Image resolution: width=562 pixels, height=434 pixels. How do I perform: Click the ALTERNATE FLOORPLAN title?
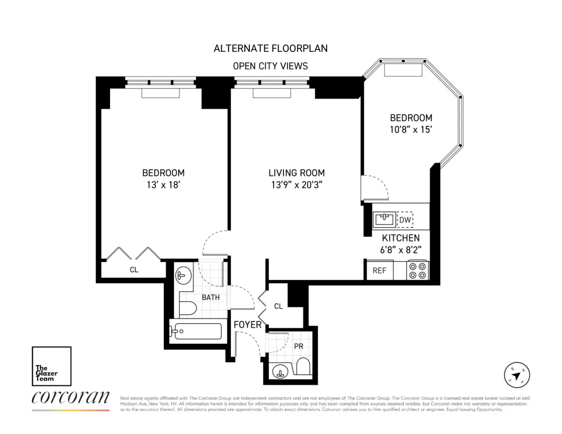coord(270,48)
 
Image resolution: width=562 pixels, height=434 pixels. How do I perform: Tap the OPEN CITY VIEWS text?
coord(270,66)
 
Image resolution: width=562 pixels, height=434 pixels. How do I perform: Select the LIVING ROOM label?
coord(296,173)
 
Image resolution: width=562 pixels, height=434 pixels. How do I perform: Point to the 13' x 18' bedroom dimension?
coord(163,184)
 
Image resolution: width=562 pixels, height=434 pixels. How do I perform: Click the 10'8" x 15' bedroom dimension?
coord(411,129)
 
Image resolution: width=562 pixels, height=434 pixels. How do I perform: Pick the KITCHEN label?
coord(400,238)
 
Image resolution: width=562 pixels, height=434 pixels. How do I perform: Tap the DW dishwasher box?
coord(405,220)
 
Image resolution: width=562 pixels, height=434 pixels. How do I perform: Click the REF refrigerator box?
coord(379,271)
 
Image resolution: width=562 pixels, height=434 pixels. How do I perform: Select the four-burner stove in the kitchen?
coord(417,270)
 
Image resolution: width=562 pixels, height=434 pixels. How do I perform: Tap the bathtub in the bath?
coord(196,331)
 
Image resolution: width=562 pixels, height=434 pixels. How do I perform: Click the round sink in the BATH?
coord(182,276)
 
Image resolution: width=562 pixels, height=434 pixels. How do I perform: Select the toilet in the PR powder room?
coord(303,367)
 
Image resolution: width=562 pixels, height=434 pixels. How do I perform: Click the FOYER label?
coord(247,325)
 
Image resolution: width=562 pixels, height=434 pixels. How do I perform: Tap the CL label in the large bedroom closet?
coord(134,270)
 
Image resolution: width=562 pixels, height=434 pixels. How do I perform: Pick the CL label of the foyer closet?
coord(278,306)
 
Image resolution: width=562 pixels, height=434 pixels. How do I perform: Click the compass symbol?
coord(517,375)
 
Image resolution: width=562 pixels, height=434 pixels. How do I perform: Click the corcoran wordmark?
coord(70,398)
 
